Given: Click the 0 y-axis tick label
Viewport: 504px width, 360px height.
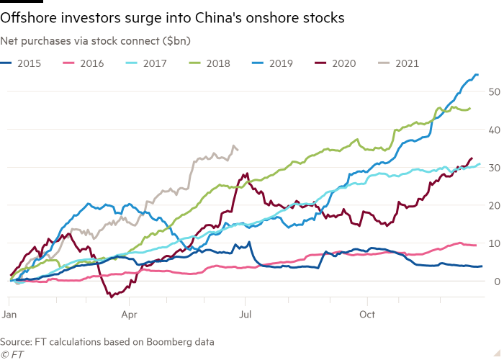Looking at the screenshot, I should tap(492, 282).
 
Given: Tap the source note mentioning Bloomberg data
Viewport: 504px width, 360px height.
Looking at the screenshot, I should tap(107, 341).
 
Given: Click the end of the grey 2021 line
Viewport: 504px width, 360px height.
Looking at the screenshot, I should tap(238, 150).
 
